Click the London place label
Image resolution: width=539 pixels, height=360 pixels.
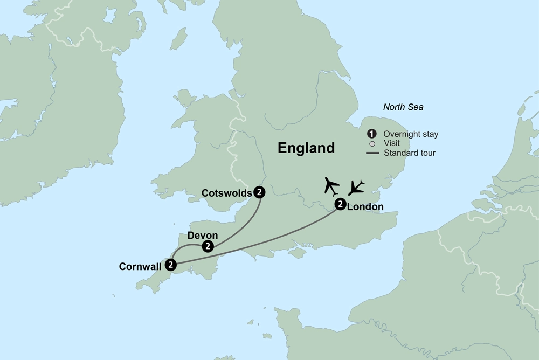tap(365, 206)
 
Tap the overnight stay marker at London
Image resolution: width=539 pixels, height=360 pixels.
tap(340, 204)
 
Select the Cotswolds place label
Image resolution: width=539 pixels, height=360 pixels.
tap(226, 192)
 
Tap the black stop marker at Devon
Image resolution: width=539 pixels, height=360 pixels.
tap(208, 246)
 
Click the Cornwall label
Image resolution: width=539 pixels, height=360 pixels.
tap(141, 266)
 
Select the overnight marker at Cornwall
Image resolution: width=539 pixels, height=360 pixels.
tap(170, 265)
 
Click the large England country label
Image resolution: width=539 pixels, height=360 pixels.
tap(306, 148)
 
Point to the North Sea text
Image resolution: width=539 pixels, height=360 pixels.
tap(403, 107)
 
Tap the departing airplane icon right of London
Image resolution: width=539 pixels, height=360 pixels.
tap(356, 187)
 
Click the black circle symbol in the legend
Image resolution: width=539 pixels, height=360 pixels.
tap(371, 134)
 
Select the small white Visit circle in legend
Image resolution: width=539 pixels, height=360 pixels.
tap(371, 143)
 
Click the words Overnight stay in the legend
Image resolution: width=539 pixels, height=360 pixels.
tap(410, 134)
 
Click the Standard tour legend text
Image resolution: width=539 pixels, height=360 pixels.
tap(410, 153)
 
